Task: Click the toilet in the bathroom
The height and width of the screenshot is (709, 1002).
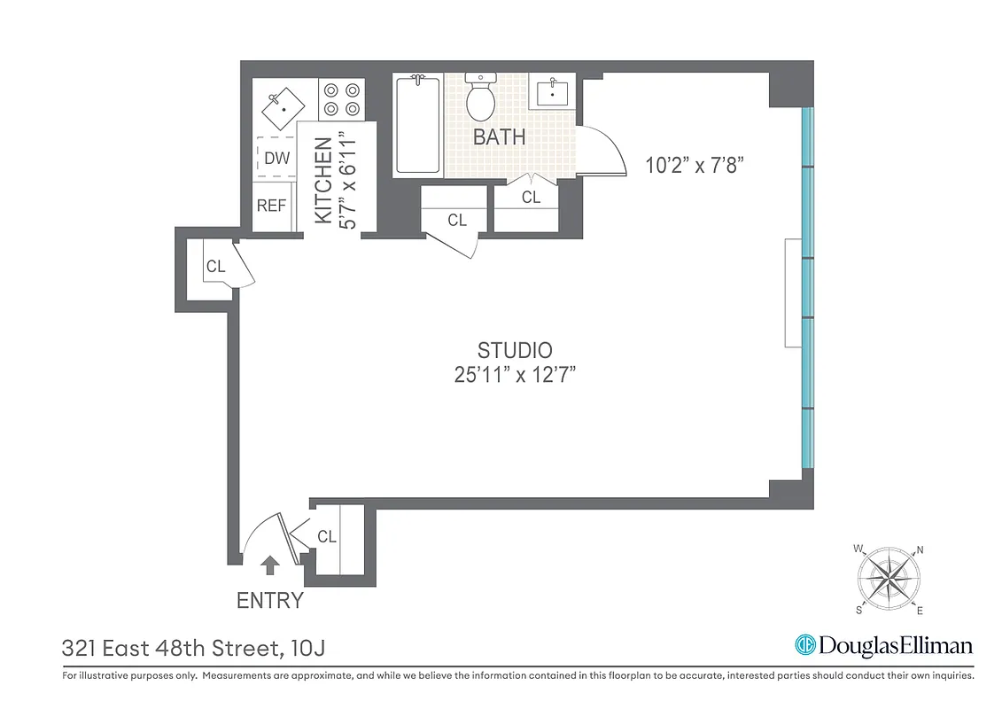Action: (480, 98)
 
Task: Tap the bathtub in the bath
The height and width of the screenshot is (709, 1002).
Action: (417, 125)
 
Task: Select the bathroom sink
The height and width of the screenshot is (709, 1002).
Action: (555, 91)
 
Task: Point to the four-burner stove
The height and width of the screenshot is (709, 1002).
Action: (341, 98)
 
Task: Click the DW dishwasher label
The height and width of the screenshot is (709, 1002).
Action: (276, 159)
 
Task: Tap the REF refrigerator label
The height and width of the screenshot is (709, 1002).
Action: (271, 206)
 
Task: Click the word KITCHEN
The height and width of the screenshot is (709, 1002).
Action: (323, 180)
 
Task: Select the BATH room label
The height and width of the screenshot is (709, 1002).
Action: (499, 137)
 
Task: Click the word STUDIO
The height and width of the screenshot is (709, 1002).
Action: (515, 349)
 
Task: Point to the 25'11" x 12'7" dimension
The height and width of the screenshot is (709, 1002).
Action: (515, 375)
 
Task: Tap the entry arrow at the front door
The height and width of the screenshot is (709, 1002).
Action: (270, 561)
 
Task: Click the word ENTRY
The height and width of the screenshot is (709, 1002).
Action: (270, 600)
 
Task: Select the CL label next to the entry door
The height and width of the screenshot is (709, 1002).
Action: (327, 536)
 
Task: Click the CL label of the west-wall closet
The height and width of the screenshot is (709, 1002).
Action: (215, 266)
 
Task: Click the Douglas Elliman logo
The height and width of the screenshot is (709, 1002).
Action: (883, 645)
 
